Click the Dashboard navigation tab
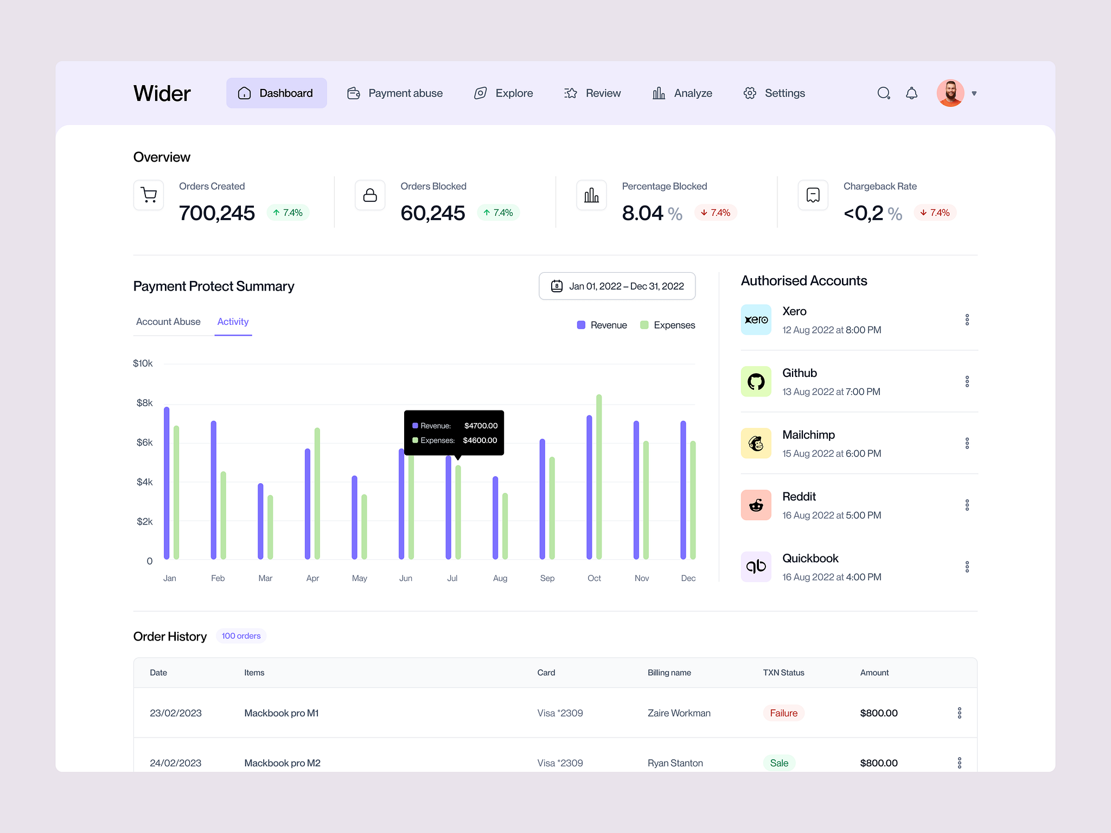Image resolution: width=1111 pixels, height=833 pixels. coord(276,93)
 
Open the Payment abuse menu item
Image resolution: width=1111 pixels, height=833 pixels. coord(395,93)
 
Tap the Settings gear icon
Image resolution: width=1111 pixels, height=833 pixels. coord(750,93)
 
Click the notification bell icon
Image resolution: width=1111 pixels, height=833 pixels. coord(911,93)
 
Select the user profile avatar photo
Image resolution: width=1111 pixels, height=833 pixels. coord(950,93)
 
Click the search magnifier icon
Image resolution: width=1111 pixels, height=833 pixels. coord(883,93)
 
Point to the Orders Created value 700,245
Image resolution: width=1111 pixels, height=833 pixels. coord(216,213)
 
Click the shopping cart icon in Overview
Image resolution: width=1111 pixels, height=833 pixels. coord(149,195)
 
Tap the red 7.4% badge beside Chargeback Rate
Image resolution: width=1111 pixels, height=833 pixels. coord(935,213)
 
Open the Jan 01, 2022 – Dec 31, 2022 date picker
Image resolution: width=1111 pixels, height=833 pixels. coord(617,286)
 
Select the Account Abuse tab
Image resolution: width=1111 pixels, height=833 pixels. coord(168,322)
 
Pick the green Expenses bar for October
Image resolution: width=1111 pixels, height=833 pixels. coord(599,477)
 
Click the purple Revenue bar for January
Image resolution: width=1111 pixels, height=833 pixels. coord(167,483)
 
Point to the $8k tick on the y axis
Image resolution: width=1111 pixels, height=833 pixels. coord(144,403)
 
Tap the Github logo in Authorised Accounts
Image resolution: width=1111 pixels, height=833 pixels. coord(756,381)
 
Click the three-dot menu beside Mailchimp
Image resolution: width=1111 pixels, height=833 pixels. coord(967,443)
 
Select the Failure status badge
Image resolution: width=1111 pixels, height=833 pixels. coord(783,713)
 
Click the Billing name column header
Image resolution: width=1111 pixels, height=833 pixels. coord(669,672)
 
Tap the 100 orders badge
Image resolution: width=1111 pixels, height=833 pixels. coord(241,636)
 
